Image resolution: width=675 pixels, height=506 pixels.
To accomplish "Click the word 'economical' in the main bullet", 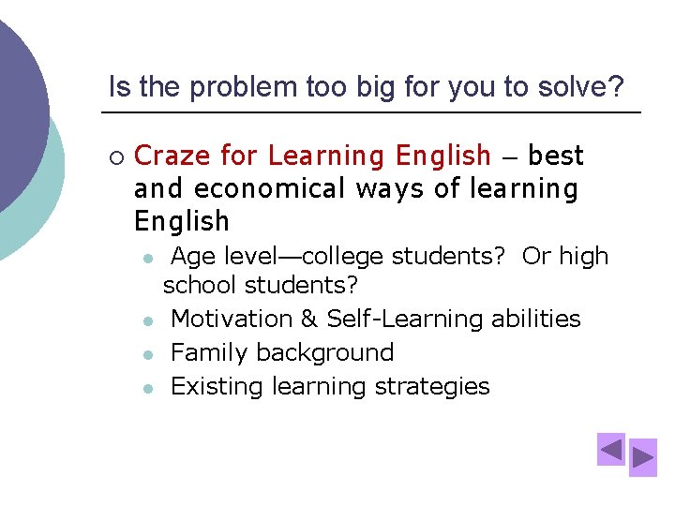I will coord(270,188).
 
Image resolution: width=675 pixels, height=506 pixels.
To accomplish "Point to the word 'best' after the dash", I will coord(556,155).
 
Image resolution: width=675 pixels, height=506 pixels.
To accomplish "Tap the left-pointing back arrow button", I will coord(611,450).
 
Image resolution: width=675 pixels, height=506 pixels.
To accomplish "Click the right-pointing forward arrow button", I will coord(643,457).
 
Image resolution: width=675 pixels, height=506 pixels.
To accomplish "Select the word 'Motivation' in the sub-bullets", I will coord(232,319).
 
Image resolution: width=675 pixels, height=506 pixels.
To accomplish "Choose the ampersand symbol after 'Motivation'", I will coord(309,319).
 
